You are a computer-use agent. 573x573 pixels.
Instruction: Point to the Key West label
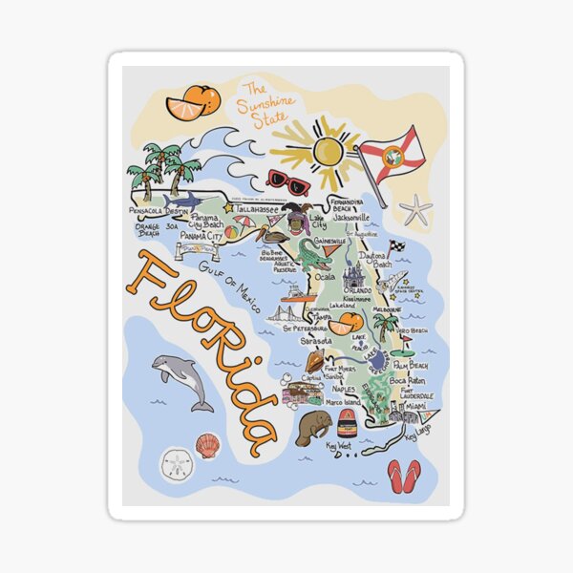[338, 445]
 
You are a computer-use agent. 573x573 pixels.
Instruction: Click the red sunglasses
[287, 180]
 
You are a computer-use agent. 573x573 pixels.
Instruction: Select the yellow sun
[327, 150]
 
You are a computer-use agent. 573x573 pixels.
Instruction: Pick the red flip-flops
[403, 475]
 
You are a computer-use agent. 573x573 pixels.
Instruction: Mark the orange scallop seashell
[207, 445]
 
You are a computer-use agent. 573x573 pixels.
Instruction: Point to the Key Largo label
[417, 436]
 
